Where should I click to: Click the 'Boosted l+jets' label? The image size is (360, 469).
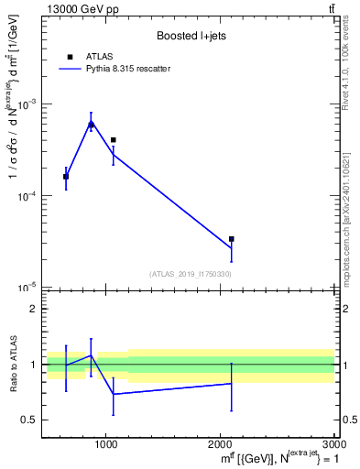[191, 36]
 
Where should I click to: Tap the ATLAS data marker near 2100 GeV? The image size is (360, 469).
[231, 239]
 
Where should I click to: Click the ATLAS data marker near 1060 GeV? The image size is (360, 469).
[114, 140]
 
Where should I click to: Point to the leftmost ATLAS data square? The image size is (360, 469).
[66, 177]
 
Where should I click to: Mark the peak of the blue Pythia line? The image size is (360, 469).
[91, 124]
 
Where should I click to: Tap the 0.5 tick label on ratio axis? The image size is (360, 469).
[29, 420]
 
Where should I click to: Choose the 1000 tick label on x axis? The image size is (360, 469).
[107, 446]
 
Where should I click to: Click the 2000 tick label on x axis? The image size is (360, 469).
[221, 446]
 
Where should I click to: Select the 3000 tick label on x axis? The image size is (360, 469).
[334, 446]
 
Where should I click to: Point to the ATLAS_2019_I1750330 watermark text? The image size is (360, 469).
[191, 274]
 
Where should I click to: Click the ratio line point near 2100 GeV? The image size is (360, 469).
[231, 384]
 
